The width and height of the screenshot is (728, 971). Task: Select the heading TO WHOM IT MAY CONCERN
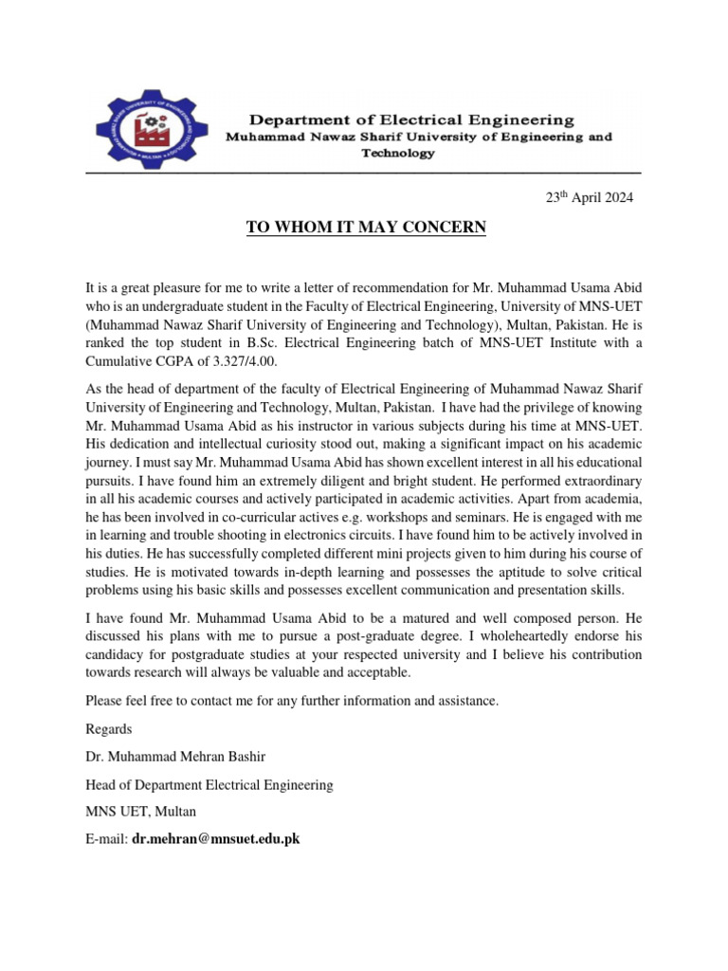coord(366,227)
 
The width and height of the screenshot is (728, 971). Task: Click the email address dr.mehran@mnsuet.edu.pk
coord(216,839)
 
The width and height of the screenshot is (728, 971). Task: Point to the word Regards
coord(109,729)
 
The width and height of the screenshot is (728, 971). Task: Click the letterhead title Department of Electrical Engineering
coord(411,120)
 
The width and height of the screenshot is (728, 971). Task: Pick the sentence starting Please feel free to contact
coord(292,701)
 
